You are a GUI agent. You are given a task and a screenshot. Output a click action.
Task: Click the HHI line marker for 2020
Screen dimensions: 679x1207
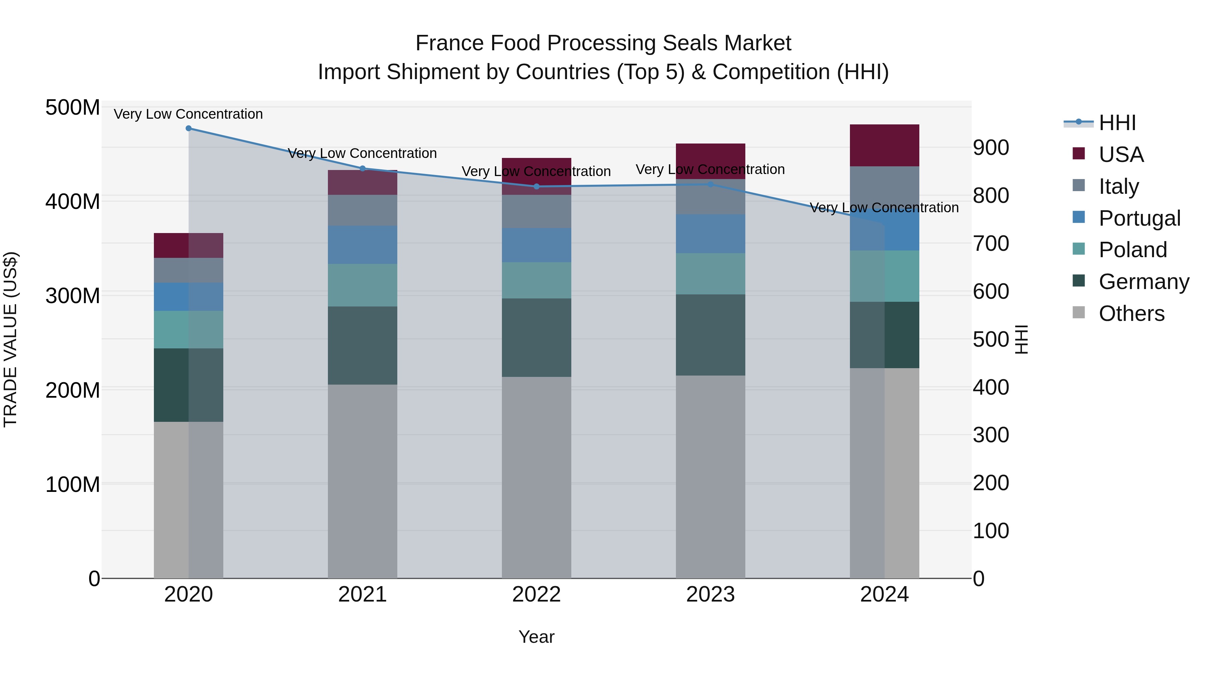[x=188, y=128]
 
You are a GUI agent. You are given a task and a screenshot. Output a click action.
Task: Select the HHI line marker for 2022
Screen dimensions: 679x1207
[x=536, y=186]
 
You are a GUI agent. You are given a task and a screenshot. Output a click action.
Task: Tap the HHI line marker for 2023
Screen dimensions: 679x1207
[x=710, y=185]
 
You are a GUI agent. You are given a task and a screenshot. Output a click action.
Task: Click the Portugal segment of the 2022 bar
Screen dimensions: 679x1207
[x=536, y=245]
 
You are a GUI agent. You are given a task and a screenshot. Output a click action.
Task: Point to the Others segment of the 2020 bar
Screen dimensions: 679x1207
[x=188, y=500]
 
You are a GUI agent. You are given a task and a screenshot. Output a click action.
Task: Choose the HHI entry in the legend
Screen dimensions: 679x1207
[x=1117, y=123]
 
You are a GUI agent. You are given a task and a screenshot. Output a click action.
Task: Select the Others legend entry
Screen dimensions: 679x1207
[x=1131, y=314]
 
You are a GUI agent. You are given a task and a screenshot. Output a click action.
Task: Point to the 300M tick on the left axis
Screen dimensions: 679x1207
[x=73, y=296]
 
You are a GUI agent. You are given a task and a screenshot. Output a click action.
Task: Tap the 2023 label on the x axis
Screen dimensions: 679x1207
[x=710, y=595]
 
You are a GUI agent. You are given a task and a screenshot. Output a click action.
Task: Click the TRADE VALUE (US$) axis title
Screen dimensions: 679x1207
[x=10, y=339]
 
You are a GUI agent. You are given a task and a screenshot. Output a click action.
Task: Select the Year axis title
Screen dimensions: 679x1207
[x=536, y=637]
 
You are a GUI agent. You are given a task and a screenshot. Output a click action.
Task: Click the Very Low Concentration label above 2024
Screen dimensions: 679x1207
[x=884, y=208]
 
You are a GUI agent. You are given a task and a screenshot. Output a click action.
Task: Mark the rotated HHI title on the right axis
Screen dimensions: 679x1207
[x=1022, y=339]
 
